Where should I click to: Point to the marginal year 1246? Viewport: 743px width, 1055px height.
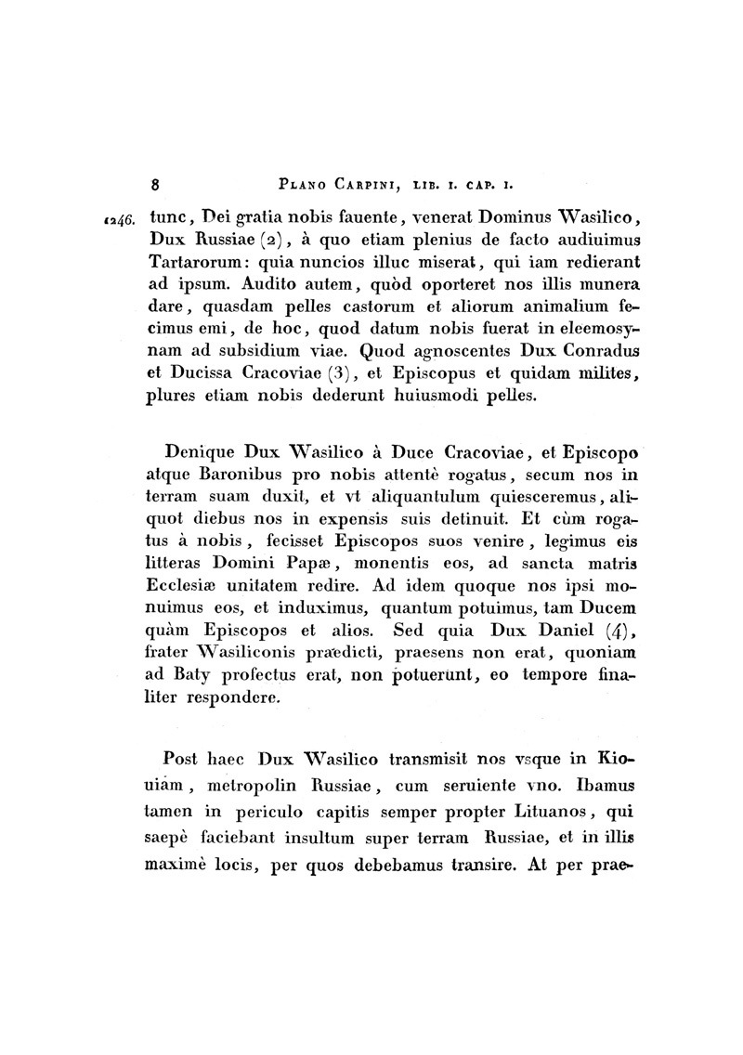[x=121, y=221]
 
